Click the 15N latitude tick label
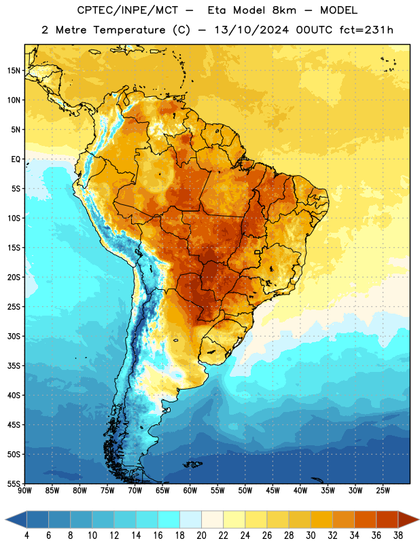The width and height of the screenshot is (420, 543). click(14, 71)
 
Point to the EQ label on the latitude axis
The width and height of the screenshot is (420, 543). click(16, 160)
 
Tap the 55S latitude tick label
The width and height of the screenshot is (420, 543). click(14, 483)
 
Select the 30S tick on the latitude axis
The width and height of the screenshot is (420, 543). click(14, 336)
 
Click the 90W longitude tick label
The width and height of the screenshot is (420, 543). click(24, 490)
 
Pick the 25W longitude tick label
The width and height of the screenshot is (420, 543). click(383, 490)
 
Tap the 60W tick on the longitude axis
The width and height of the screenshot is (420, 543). click(190, 490)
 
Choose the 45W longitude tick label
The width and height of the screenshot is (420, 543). click(273, 490)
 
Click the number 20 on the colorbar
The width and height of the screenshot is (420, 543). click(201, 536)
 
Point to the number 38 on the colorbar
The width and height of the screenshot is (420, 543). click(398, 536)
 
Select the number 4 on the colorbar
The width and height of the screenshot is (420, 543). click(27, 536)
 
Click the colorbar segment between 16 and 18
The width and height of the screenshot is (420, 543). click(169, 519)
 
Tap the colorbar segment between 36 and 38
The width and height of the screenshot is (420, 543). click(387, 519)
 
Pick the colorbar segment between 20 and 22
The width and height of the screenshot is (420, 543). click(213, 519)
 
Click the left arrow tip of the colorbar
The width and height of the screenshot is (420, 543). click(5, 519)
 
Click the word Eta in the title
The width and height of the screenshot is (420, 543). click(216, 10)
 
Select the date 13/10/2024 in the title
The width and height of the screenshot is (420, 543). click(251, 30)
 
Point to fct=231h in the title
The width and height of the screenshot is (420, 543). click(366, 30)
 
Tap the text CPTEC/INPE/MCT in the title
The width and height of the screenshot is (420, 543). click(127, 10)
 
